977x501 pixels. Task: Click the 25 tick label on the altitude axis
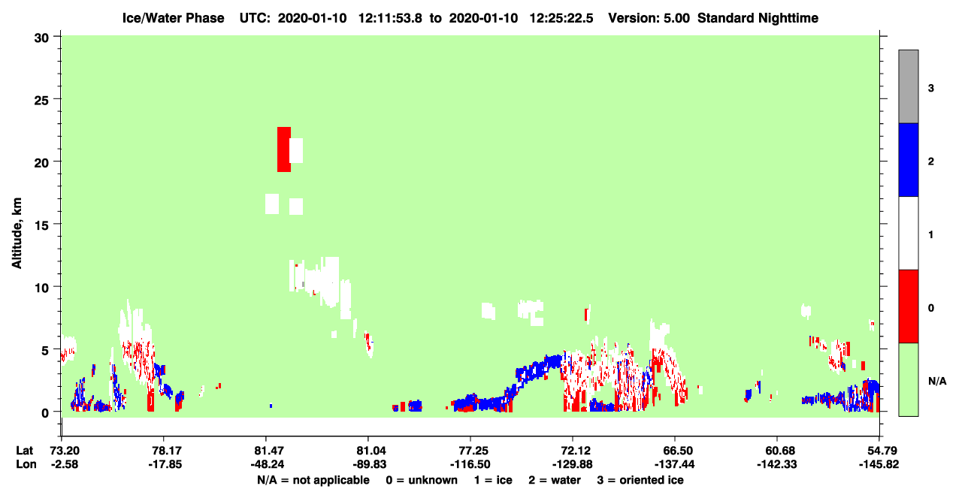coord(41,101)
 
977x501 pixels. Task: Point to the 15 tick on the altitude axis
coord(56,224)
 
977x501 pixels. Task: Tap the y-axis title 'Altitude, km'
coord(17,233)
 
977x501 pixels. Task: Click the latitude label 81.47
coord(266,451)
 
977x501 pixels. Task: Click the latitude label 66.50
coord(675,451)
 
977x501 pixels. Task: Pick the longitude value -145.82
coord(879,464)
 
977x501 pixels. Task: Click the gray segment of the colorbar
coord(909,86)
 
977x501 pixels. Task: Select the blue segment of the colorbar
coord(909,159)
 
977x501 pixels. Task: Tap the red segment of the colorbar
coord(909,306)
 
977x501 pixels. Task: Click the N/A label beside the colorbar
coord(937,382)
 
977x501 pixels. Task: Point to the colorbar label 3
coord(930,89)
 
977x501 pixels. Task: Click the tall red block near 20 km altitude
coord(284,149)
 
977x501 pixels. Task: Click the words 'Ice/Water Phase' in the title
coord(173,18)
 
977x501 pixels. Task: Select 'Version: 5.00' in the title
coord(649,18)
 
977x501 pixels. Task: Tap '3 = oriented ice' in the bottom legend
coord(640,480)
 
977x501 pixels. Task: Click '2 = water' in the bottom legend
coord(555,480)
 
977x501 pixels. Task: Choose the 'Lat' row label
coord(25,451)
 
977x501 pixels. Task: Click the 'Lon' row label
coord(26,464)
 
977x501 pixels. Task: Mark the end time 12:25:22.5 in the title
coord(561,18)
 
